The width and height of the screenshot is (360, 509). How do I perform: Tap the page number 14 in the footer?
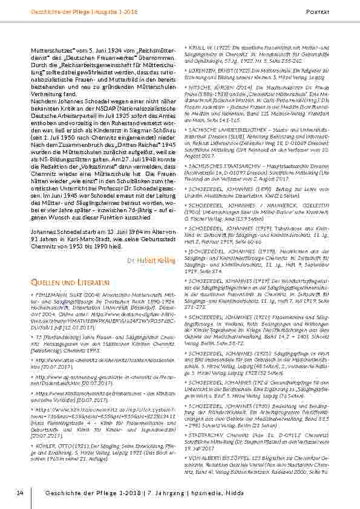click(20, 494)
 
